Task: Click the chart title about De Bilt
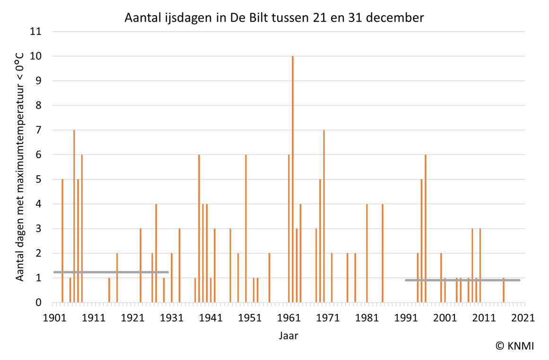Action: coord(274,18)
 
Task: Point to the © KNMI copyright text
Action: coord(514,346)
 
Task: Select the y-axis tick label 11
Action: coord(36,32)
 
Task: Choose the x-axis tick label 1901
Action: coord(54,318)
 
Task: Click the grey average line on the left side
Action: coord(111,272)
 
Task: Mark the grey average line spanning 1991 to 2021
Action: coord(462,280)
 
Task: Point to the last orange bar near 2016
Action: coord(504,290)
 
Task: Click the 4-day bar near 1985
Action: coord(382,253)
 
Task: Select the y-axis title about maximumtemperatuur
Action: coord(20,167)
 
